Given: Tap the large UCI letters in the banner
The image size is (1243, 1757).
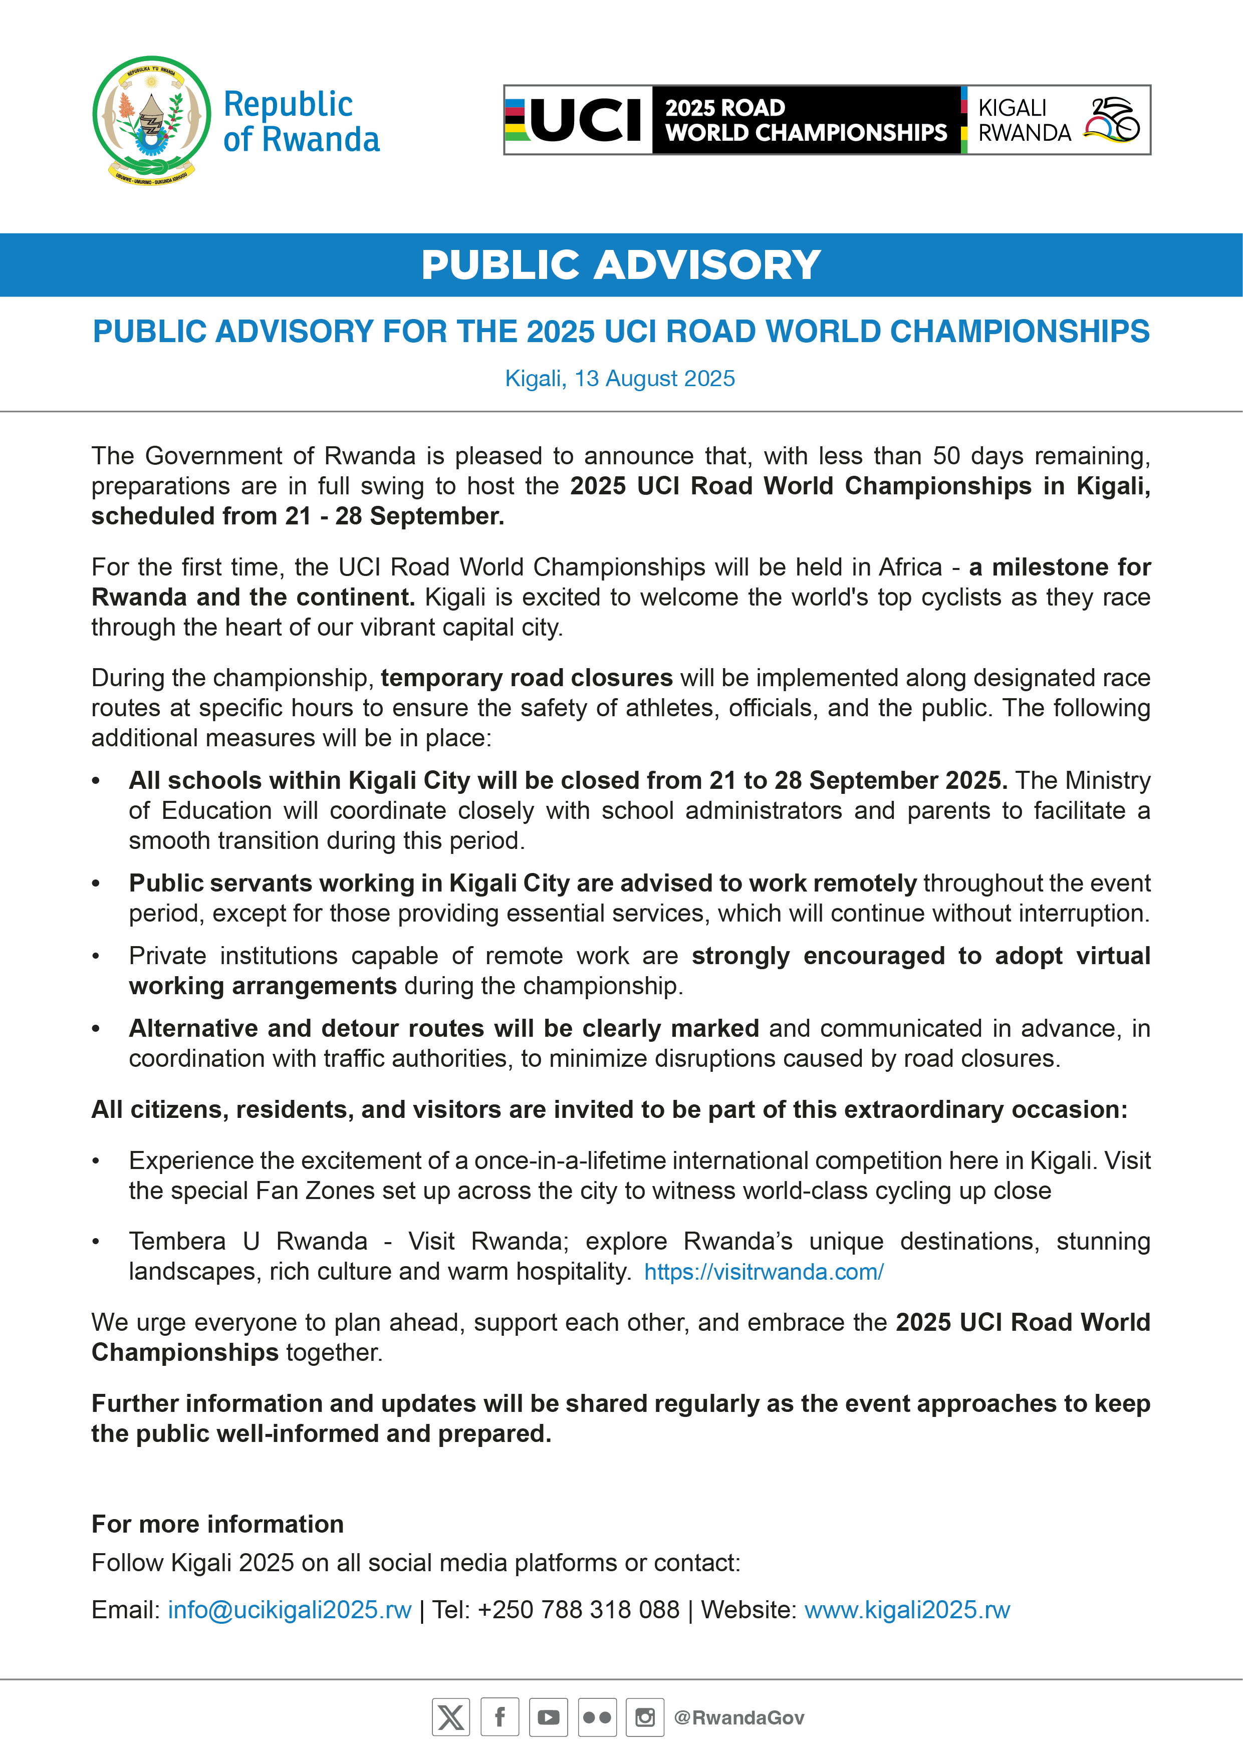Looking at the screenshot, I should coord(586,121).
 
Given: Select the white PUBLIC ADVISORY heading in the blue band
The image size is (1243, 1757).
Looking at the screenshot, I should coord(621,265).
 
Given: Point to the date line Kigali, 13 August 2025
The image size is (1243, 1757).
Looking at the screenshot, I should coord(620,379).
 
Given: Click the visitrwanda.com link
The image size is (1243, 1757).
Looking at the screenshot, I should coord(764,1272).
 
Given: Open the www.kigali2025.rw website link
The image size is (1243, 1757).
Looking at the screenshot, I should coord(907,1610).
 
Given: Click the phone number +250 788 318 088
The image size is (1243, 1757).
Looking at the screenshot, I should coord(579,1610).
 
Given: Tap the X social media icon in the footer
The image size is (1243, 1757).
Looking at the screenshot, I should coord(451,1718).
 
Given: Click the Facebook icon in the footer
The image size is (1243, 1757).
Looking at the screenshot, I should coord(500,1718).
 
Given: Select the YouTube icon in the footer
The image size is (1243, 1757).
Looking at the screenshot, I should coord(548,1718).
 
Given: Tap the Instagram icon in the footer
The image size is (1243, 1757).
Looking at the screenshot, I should coord(645,1718).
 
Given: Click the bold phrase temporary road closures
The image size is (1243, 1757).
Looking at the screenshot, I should coord(527,678).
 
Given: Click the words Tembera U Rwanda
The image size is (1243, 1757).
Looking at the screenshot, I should coord(248,1241).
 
